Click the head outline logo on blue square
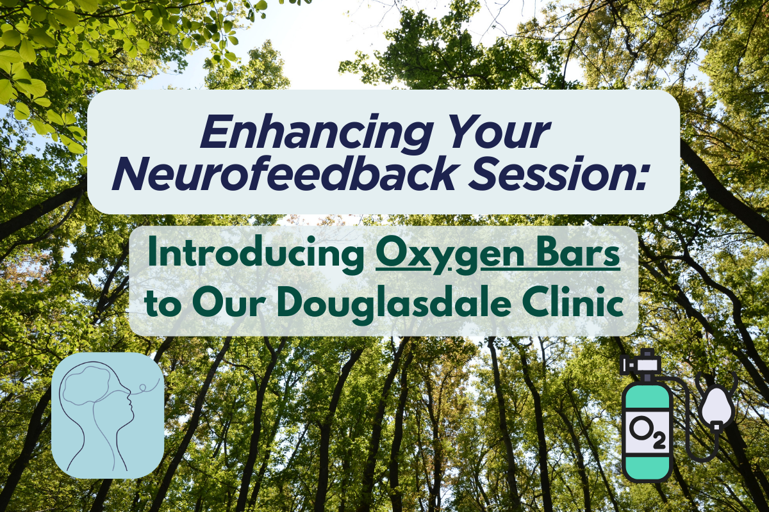(x=108, y=415)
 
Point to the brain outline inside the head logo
(x=93, y=384)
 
